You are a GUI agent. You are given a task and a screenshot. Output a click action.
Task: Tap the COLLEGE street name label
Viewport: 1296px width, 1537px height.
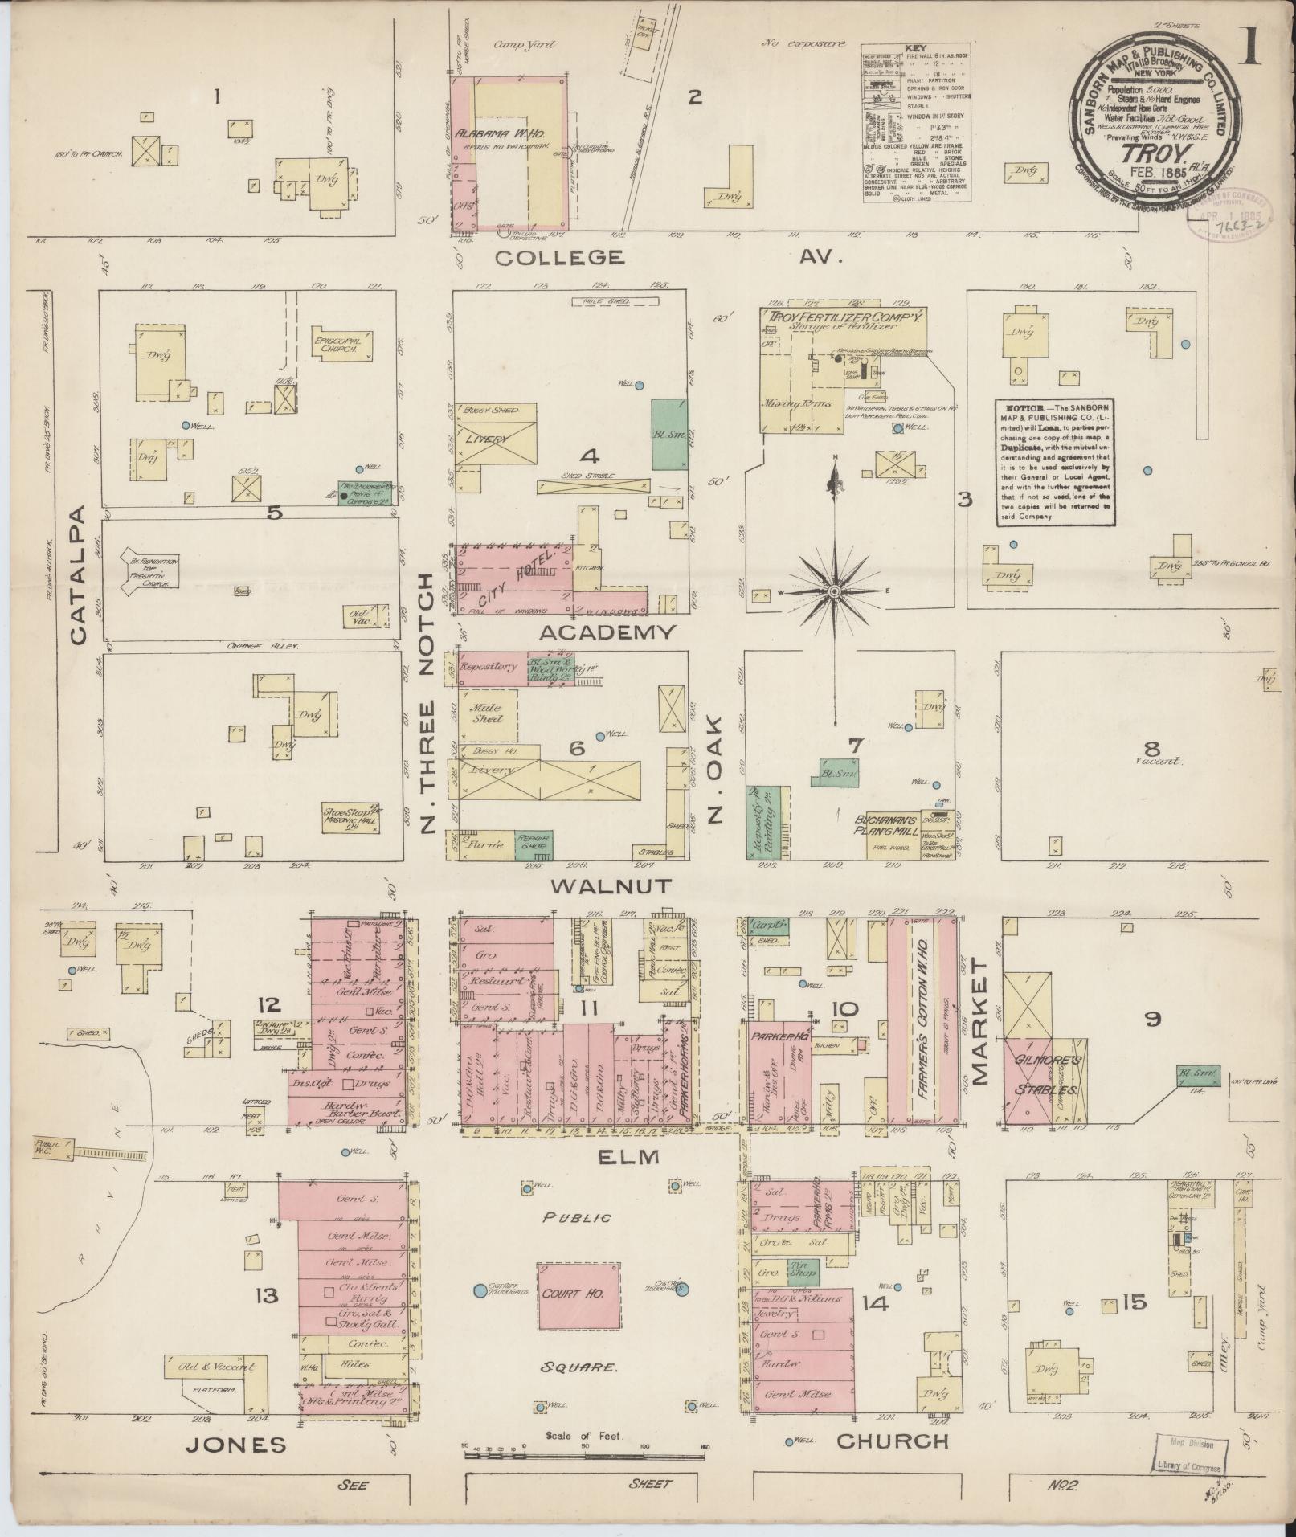pyautogui.click(x=559, y=257)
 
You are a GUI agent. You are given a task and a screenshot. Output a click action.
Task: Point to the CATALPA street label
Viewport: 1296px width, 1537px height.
pyautogui.click(x=78, y=575)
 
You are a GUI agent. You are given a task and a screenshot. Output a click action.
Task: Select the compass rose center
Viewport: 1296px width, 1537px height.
pyautogui.click(x=835, y=591)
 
